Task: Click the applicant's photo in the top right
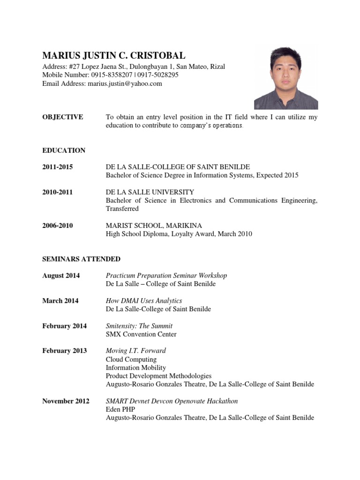pos(286,77)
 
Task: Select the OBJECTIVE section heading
pos(63,117)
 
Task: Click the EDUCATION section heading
pos(64,150)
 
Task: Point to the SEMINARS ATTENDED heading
pos(81,259)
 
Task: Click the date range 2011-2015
pos(58,167)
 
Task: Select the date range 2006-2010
pos(58,225)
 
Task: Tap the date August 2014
pos(61,276)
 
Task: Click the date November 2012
pos(66,401)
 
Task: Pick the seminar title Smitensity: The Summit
pos(139,326)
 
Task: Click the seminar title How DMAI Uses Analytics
pos(144,300)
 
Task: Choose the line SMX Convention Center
pos(141,334)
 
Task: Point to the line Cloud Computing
pos(131,360)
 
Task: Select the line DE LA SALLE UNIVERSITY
pos(150,192)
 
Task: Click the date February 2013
pos(65,351)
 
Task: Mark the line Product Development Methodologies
pos(158,376)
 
